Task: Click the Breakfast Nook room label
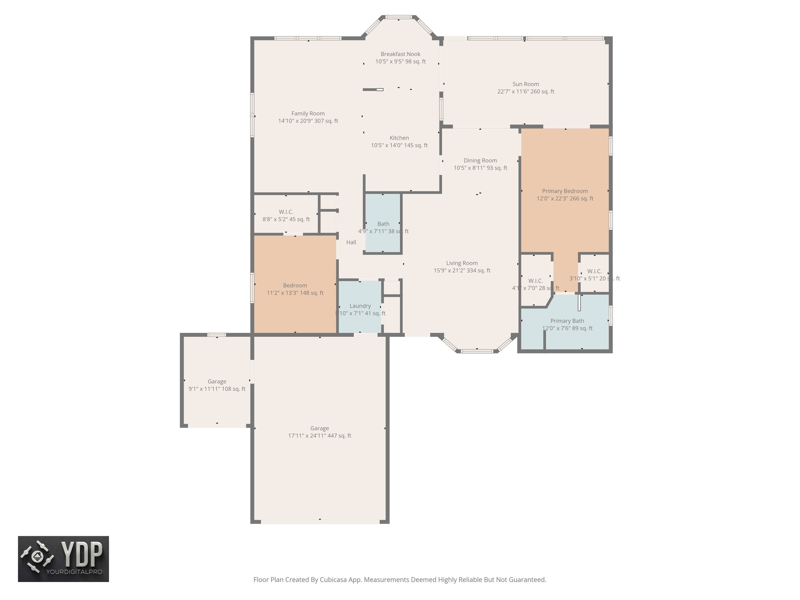pyautogui.click(x=400, y=54)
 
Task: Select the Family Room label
pyautogui.click(x=308, y=113)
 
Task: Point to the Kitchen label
pyautogui.click(x=399, y=138)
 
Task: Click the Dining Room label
pyautogui.click(x=480, y=161)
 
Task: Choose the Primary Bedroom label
pyautogui.click(x=564, y=191)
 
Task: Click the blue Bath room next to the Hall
pyautogui.click(x=383, y=224)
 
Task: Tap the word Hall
pyautogui.click(x=351, y=242)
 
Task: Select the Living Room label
pyautogui.click(x=462, y=263)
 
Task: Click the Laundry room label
pyautogui.click(x=360, y=306)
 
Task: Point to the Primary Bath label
pyautogui.click(x=567, y=321)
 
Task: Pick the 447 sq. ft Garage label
pyautogui.click(x=319, y=429)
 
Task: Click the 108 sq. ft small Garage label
pyautogui.click(x=217, y=382)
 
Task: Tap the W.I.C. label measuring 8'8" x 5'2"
pyautogui.click(x=286, y=212)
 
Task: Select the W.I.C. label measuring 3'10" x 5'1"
pyautogui.click(x=594, y=271)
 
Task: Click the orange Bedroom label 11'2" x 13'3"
pyautogui.click(x=295, y=286)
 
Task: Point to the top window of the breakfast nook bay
pyautogui.click(x=398, y=17)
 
